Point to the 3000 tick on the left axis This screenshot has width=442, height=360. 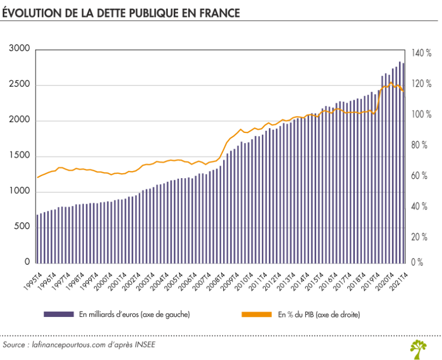click(19, 49)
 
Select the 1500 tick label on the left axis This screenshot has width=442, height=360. click(19, 156)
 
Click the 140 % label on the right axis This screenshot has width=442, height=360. click(422, 53)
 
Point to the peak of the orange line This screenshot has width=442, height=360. click(391, 83)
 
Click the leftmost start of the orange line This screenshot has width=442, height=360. click(37, 178)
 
